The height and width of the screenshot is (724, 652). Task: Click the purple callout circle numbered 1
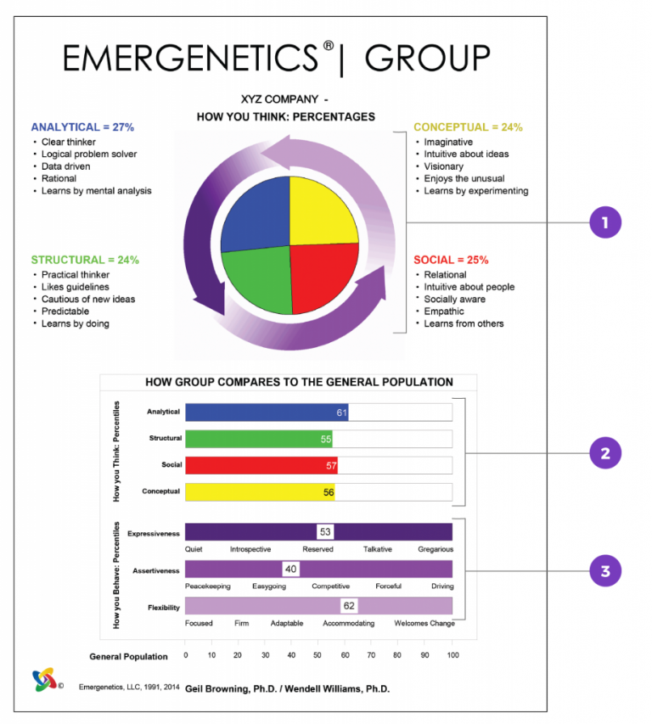tap(604, 223)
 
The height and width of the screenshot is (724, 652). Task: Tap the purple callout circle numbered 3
tap(604, 571)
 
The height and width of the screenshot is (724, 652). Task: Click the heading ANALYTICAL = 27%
tap(82, 127)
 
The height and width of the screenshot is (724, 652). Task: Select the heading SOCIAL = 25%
tap(451, 260)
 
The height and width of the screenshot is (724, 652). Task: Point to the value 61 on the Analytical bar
tap(341, 413)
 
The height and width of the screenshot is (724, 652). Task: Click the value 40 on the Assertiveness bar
tap(290, 569)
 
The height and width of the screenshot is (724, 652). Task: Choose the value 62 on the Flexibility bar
tap(348, 606)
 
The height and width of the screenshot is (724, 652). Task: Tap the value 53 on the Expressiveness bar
tap(325, 531)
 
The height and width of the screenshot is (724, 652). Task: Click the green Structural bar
tap(258, 439)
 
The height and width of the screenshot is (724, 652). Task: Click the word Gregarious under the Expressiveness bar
tap(436, 549)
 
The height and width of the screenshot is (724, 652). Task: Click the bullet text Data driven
tap(66, 166)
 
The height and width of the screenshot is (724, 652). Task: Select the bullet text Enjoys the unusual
tap(464, 178)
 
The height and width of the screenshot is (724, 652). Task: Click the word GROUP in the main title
tap(427, 59)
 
